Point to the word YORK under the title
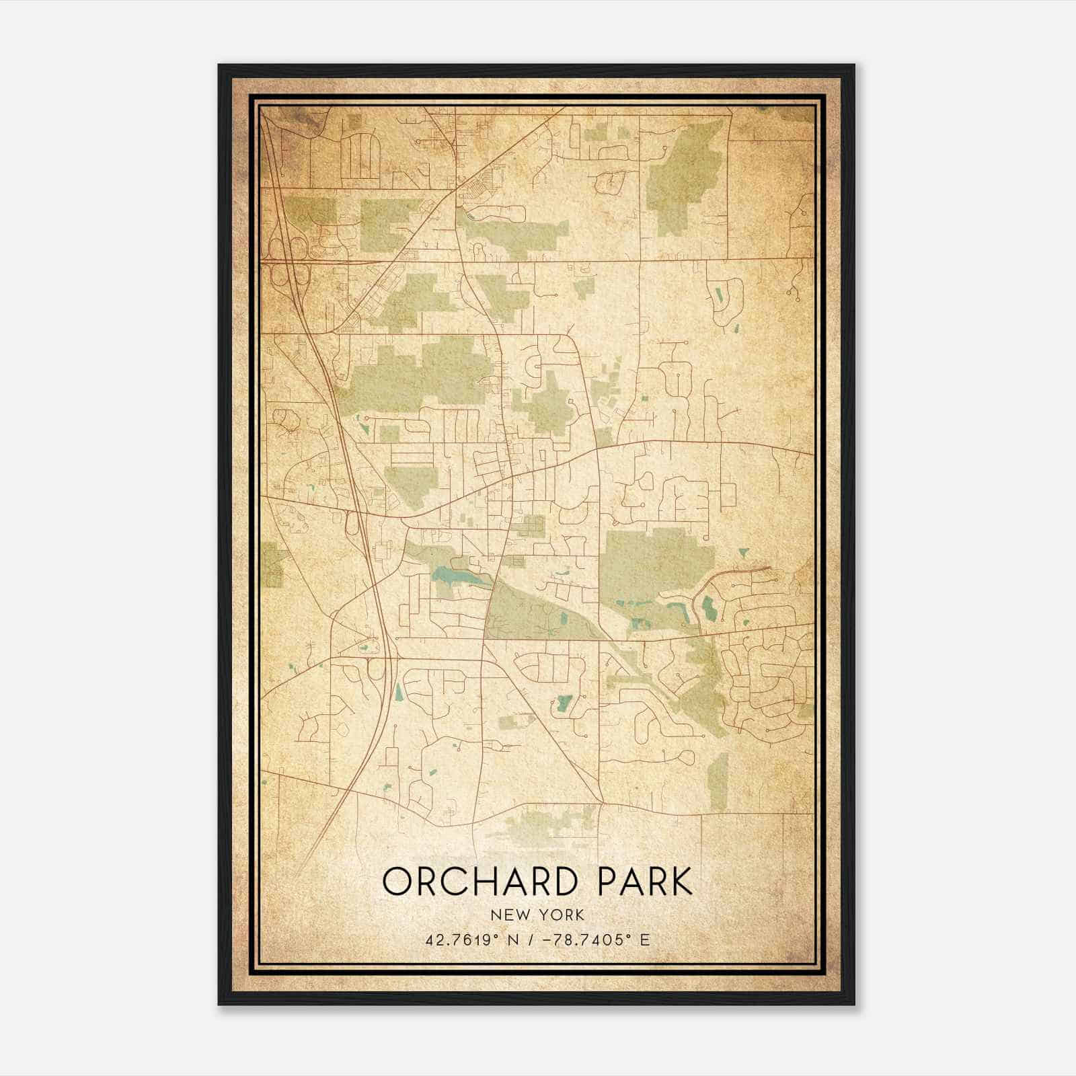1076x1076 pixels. point(562,915)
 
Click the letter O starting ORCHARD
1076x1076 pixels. point(397,882)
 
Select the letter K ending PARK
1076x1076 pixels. point(680,882)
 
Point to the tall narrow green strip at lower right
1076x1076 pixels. point(719,780)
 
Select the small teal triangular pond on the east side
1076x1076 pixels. point(742,552)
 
